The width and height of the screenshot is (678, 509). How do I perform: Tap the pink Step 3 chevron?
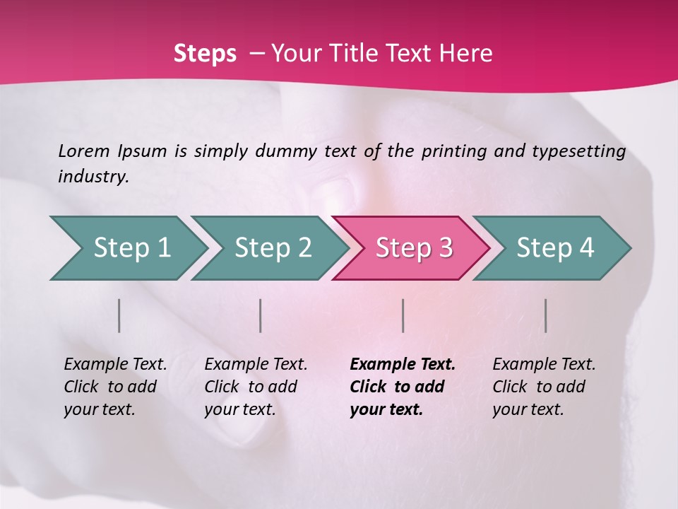(414, 248)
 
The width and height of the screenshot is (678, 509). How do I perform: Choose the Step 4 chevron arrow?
(555, 248)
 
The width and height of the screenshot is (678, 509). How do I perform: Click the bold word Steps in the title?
(205, 54)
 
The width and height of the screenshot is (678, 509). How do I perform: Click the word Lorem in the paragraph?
(83, 151)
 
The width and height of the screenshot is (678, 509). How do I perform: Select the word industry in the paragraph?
(93, 177)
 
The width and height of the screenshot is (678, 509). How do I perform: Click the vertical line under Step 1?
(119, 315)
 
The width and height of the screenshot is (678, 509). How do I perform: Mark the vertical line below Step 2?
(261, 315)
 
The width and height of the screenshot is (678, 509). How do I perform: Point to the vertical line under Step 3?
(403, 315)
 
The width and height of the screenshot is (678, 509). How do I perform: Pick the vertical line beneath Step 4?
(545, 315)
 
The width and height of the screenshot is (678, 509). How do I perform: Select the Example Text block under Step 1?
(114, 387)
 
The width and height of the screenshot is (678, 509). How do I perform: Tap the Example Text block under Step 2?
(255, 387)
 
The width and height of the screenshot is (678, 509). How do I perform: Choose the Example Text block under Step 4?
(543, 387)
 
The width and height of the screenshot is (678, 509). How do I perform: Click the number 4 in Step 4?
(586, 248)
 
